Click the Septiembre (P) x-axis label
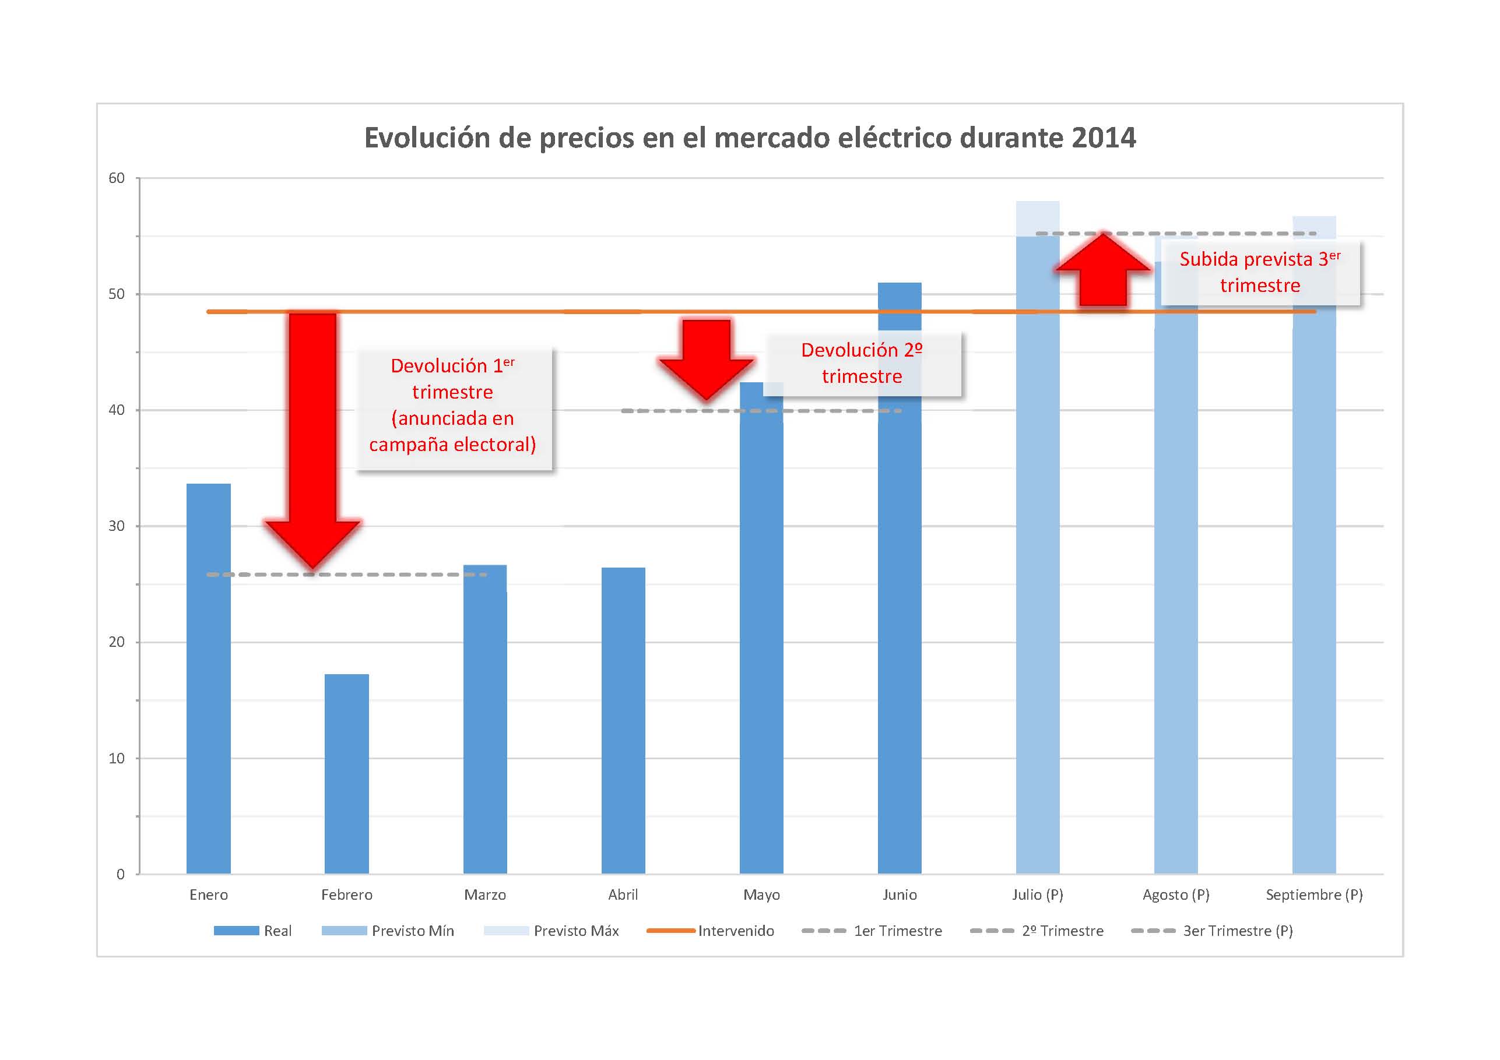coord(1314,895)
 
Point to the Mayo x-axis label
coord(761,895)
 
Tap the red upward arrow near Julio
coord(1103,270)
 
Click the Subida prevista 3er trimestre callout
coord(1260,272)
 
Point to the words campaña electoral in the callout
coord(452,445)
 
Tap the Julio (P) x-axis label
coord(1038,895)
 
